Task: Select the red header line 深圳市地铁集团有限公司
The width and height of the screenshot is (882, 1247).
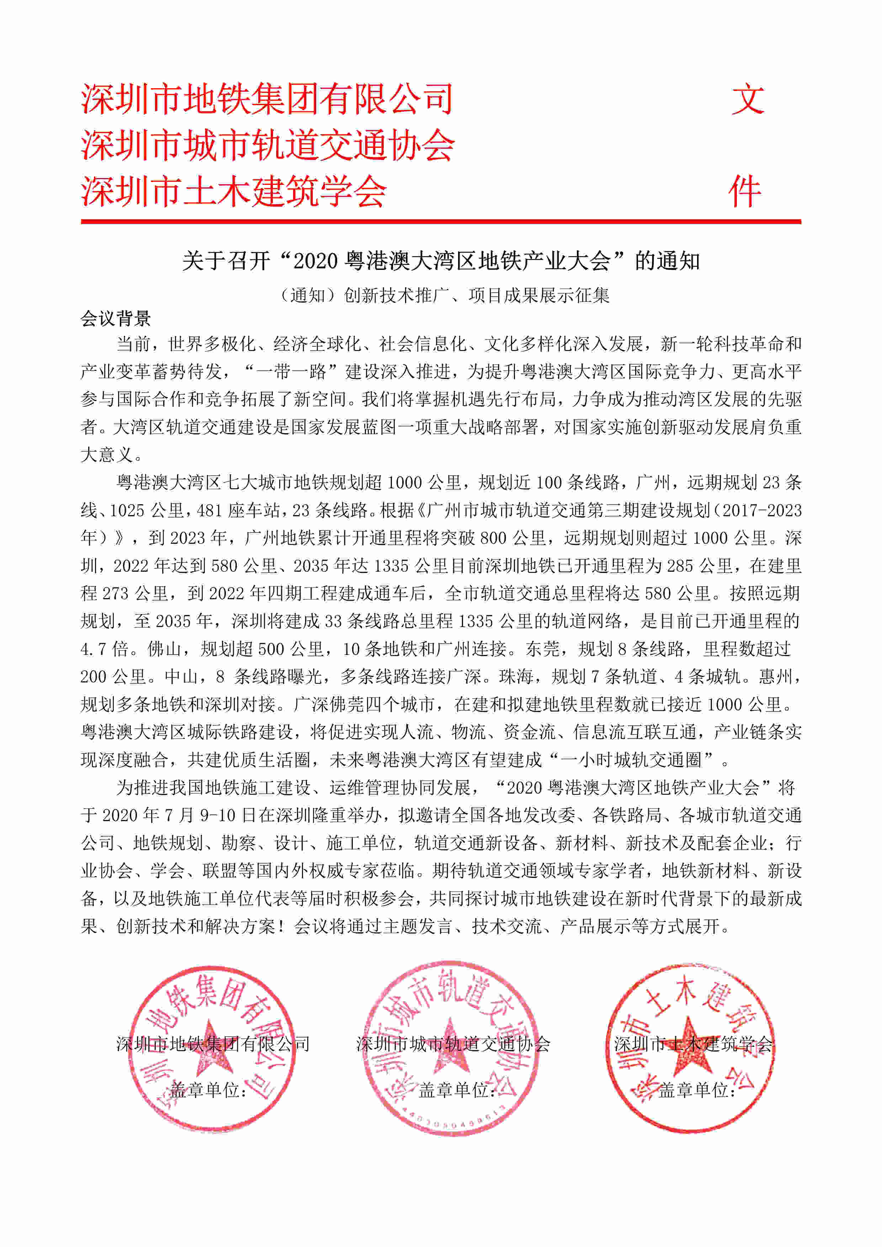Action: click(267, 100)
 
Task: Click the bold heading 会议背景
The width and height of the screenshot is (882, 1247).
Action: click(116, 319)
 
